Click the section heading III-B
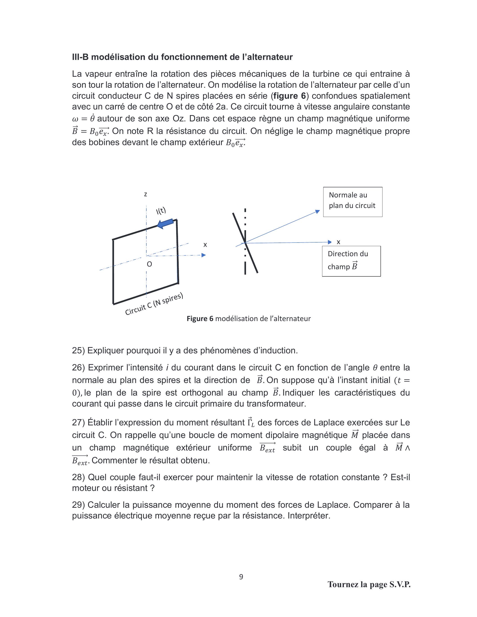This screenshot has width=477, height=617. [182, 57]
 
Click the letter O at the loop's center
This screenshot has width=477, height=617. [149, 264]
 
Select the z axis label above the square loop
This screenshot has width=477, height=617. [145, 194]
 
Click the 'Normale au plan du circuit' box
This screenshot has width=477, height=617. [352, 202]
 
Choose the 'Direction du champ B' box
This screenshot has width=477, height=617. [351, 261]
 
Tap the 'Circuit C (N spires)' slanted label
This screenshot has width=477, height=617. [154, 304]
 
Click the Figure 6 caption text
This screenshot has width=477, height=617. [248, 319]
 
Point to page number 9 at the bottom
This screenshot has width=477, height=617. [241, 577]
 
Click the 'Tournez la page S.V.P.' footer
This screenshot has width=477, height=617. [369, 584]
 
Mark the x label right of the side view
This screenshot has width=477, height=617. [338, 242]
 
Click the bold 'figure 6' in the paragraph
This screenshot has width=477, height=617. [289, 96]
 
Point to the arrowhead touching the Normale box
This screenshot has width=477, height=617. [318, 212]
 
